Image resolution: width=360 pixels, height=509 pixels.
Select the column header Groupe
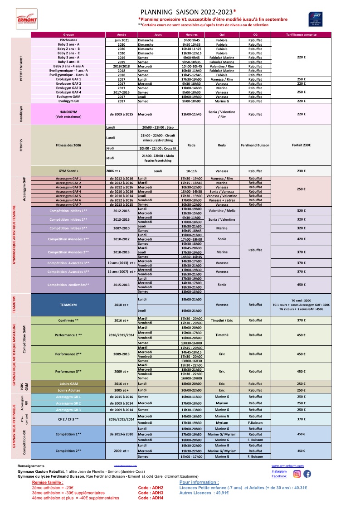coord(68,34)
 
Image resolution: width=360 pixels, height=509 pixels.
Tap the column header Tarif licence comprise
coord(302,34)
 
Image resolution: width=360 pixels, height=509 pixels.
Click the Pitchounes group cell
coord(68,40)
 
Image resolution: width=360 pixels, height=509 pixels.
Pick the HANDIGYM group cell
coord(68,114)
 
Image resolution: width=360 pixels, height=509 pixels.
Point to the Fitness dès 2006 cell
coord(68,145)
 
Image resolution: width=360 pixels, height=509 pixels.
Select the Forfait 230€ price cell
coord(302,145)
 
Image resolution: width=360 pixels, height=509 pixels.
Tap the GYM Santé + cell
coord(68,171)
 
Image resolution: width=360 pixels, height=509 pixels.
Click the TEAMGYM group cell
coord(68,305)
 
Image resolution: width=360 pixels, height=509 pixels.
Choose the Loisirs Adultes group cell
coord(68,390)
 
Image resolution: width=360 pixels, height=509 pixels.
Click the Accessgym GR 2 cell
coord(68,403)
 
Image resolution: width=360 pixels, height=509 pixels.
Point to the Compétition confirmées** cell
coord(68,285)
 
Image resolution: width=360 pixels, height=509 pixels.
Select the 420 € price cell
coord(302,239)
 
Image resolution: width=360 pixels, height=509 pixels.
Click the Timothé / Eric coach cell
coord(222,320)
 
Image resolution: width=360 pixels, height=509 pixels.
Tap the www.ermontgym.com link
coord(285,466)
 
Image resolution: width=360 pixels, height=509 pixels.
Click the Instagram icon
coord(297,474)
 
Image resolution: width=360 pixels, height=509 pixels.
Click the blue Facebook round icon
coord(307,474)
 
